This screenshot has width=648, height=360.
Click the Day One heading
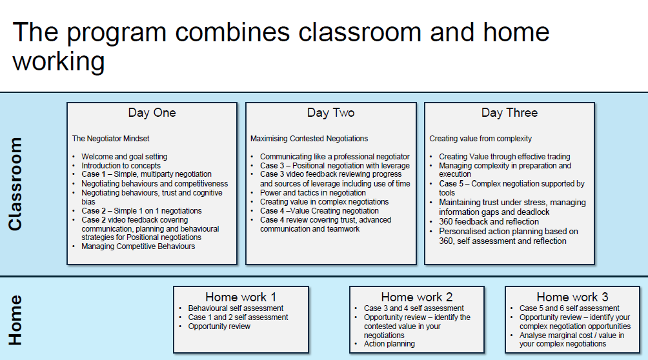pos(152,113)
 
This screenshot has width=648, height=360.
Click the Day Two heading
pos(330,113)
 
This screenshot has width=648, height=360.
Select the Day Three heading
pos(509,113)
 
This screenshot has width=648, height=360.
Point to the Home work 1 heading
pos(241,297)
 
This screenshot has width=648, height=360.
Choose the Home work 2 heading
pos(417,297)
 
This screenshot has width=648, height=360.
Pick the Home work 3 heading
pos(572,297)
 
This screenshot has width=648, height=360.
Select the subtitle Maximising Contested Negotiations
pos(309,139)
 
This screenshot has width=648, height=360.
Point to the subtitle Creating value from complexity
pos(481,139)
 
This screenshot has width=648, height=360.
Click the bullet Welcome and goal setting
pos(124,157)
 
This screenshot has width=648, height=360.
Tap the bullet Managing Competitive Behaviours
pos(138,246)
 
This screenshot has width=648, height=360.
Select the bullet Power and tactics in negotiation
pos(313,193)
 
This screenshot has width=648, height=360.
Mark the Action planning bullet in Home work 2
pos(389,344)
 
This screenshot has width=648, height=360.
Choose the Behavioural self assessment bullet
pos(236,308)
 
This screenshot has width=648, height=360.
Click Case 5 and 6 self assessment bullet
pos(569,308)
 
